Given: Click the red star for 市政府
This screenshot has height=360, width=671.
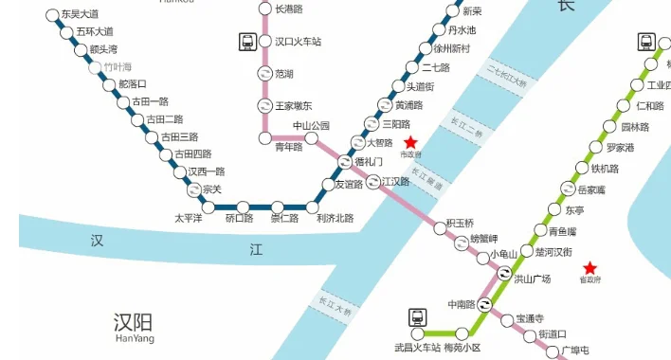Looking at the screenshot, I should (410, 141).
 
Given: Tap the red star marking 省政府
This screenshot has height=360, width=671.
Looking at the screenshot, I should (590, 268).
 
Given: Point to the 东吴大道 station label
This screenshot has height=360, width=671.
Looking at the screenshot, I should (80, 15).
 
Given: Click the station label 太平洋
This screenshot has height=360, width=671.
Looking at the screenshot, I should (190, 218).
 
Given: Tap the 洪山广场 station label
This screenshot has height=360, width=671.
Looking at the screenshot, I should (533, 279).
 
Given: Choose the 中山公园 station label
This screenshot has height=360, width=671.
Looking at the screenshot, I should (310, 126).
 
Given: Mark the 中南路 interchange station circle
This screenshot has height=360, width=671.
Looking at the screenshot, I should (485, 305).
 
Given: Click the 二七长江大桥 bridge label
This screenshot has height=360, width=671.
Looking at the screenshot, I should (505, 73).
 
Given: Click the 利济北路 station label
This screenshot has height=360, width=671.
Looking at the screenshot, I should (335, 219).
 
